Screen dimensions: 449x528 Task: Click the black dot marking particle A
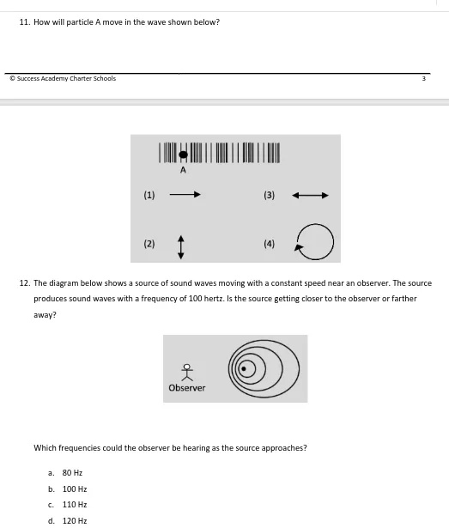click(x=183, y=155)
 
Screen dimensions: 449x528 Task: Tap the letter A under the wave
click(x=183, y=170)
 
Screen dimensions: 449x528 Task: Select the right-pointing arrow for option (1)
click(x=185, y=194)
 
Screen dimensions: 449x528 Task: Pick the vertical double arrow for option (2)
click(x=181, y=247)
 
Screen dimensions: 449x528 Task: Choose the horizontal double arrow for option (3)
click(x=310, y=195)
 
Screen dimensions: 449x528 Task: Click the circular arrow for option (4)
click(x=333, y=242)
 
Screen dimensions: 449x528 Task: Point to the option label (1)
click(x=149, y=195)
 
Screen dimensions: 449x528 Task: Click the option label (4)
click(x=269, y=244)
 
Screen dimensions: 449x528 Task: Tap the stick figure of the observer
click(x=187, y=372)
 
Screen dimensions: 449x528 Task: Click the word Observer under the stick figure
click(x=187, y=388)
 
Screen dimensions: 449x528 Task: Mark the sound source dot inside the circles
click(x=244, y=368)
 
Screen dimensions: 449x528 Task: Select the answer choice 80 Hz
click(x=72, y=473)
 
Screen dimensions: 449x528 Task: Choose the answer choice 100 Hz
click(x=75, y=489)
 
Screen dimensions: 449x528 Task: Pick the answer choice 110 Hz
click(x=75, y=505)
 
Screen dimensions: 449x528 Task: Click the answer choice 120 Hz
click(x=75, y=520)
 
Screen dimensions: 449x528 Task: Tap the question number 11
click(x=25, y=22)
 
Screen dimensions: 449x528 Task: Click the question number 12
click(x=25, y=283)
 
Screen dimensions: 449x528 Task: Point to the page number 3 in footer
click(x=424, y=78)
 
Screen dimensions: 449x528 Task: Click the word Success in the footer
click(x=28, y=78)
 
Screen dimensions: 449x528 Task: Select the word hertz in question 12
click(x=214, y=299)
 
